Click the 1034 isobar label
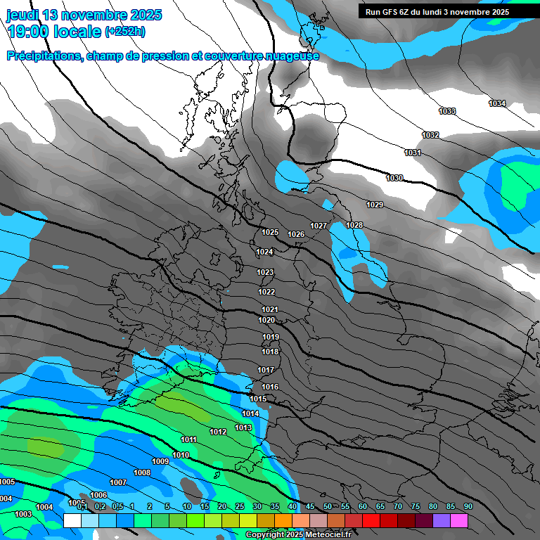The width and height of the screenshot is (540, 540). (497, 103)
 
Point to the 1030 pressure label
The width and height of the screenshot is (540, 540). (394, 178)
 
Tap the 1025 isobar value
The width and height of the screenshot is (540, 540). (270, 232)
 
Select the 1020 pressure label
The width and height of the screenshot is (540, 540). (266, 320)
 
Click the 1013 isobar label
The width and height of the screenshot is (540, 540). (243, 427)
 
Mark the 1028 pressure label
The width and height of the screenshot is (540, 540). (354, 225)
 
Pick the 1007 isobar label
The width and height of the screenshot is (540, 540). (118, 482)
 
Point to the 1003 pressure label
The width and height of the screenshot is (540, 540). (23, 514)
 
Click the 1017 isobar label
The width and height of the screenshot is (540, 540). (265, 370)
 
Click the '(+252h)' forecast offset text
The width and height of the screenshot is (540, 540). (125, 32)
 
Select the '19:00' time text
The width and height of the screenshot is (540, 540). (28, 32)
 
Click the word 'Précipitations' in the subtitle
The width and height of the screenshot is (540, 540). (44, 56)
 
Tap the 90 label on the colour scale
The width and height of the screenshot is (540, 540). (468, 507)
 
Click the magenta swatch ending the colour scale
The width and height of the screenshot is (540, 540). (458, 520)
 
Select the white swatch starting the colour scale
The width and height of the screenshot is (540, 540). (72, 520)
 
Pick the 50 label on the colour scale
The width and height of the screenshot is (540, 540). (328, 507)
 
